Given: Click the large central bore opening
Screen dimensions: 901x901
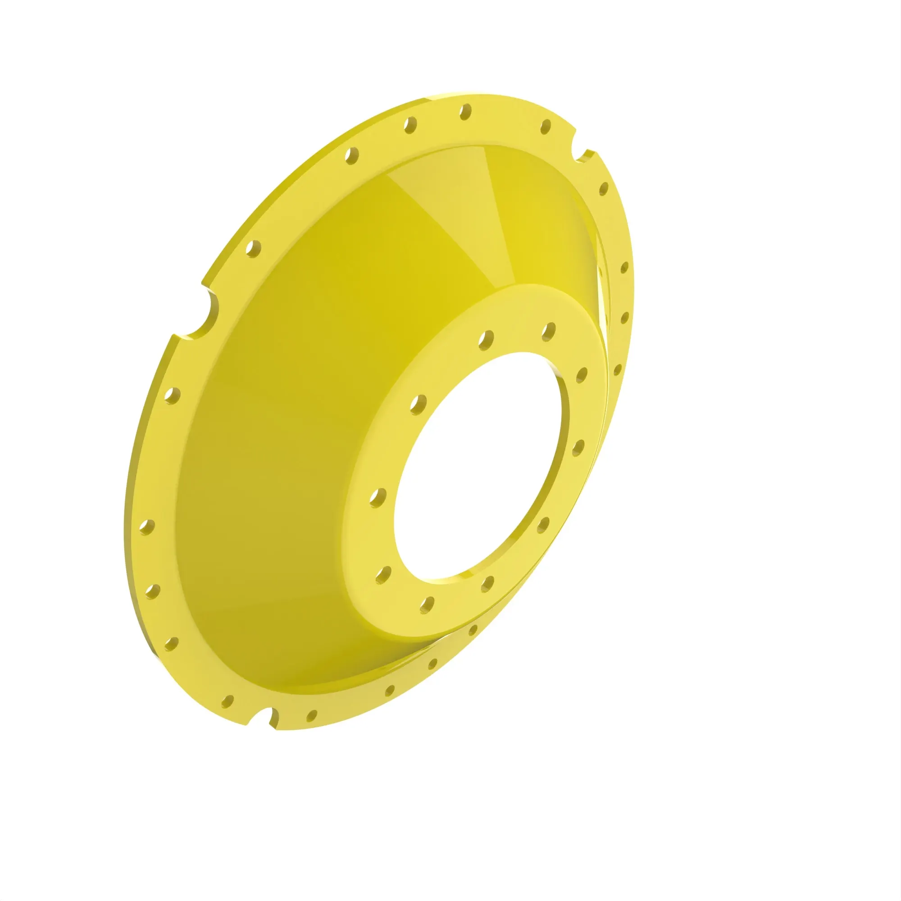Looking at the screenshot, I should coord(476,466).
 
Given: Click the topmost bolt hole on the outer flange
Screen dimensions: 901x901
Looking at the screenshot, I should coord(465,112).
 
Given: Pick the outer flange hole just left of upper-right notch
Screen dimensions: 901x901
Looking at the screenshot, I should coord(546,126).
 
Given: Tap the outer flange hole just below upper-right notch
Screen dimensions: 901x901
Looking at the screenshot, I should coord(604,189).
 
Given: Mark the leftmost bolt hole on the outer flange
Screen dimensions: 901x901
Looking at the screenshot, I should coord(146,528).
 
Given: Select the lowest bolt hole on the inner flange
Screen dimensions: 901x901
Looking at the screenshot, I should coord(426,605).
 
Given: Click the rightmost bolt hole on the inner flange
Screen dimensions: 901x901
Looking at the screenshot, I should coord(582,374).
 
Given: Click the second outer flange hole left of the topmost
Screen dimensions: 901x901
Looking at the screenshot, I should coord(352,155).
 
